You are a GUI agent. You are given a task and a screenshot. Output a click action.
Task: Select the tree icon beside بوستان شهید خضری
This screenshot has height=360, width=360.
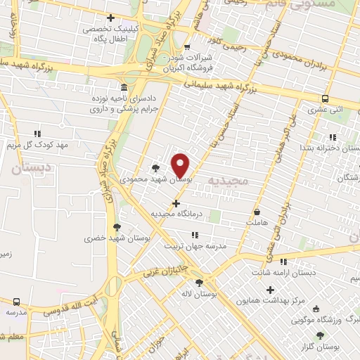117,226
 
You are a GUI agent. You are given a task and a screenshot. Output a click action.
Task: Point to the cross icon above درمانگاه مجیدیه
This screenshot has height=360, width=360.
176,203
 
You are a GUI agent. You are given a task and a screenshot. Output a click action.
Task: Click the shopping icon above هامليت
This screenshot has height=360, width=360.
257,212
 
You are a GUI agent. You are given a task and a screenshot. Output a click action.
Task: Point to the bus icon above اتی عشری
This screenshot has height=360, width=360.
326,99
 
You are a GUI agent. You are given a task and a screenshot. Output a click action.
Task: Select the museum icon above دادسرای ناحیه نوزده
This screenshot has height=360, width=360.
124,88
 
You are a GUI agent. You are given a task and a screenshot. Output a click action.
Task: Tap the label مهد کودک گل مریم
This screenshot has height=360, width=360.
35,144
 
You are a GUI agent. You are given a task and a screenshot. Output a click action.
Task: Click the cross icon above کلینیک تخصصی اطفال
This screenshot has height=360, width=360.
110,18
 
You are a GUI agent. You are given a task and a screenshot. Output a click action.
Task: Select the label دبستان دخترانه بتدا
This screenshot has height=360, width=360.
330,148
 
